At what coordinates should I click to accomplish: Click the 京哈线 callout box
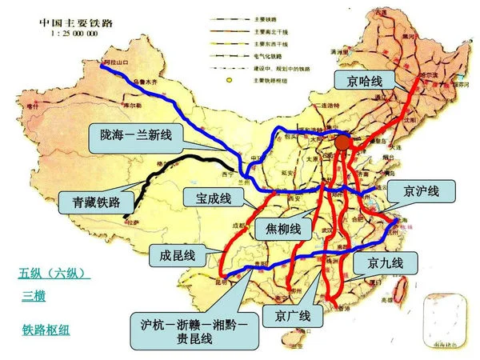(x=362, y=81)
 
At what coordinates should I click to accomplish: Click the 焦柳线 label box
(x=282, y=230)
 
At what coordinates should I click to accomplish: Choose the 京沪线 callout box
(x=421, y=192)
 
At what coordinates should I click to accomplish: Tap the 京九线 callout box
(x=386, y=262)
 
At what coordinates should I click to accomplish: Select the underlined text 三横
(x=34, y=297)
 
